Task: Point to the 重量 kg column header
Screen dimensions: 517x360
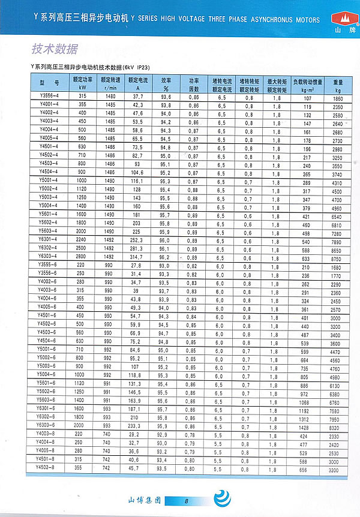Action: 338,83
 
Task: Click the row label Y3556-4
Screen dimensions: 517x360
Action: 49,97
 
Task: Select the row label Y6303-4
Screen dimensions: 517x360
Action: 49,256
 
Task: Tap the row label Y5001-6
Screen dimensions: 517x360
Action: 49,349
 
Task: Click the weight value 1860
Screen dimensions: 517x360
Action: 338,97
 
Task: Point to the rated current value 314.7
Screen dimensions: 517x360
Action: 138,256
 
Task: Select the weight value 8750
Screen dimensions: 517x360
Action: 338,256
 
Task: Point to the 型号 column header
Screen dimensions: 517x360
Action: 49,83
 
